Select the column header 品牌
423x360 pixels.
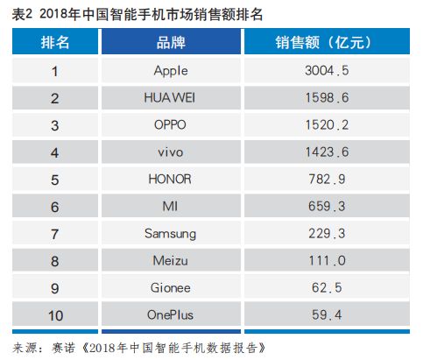click(x=171, y=43)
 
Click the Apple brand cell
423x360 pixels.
click(x=170, y=71)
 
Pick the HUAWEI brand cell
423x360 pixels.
click(x=170, y=98)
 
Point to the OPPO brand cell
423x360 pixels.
click(x=170, y=125)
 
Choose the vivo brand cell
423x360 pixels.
click(x=170, y=152)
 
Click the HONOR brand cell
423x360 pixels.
click(x=170, y=180)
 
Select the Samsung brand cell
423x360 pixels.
click(x=170, y=234)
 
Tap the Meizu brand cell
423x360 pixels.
click(x=170, y=261)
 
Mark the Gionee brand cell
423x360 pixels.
click(x=170, y=288)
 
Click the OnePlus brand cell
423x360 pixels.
click(x=170, y=315)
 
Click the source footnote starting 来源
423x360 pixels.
click(x=140, y=347)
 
